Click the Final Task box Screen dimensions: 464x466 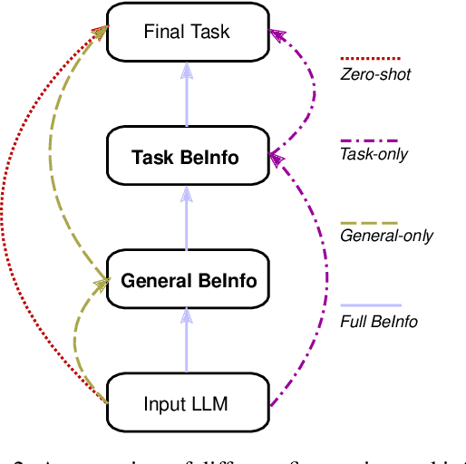pos(186,33)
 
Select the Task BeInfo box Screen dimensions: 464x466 pos(186,157)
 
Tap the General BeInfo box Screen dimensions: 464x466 pos(189,281)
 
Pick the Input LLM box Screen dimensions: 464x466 pos(186,403)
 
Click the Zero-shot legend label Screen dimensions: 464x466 pos(375,73)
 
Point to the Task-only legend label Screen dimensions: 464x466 pos(374,154)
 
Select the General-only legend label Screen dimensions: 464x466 pos(386,236)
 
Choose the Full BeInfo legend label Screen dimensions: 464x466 pos(379,321)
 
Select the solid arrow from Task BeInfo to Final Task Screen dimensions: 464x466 pos(186,95)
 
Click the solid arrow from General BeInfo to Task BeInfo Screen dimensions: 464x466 pos(186,219)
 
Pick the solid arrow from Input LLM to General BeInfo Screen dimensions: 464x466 pos(186,343)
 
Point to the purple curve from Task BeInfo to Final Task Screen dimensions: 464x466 pos(313,91)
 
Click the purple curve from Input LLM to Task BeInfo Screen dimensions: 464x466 pos(319,299)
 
